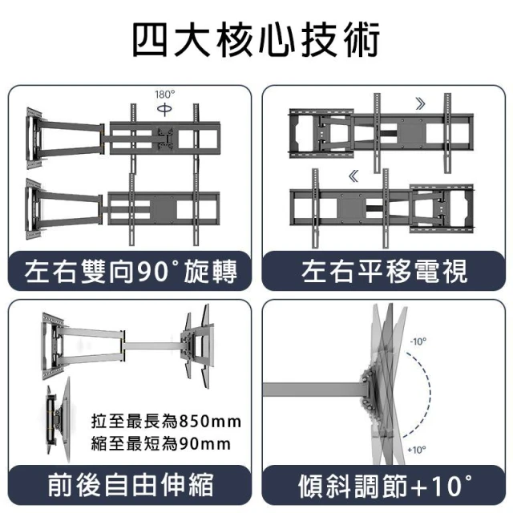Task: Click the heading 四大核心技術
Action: click(256, 40)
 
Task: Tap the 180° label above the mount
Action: click(165, 95)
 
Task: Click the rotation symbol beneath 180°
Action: click(164, 109)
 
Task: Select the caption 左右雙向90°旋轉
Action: click(131, 272)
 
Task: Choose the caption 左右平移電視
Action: click(384, 272)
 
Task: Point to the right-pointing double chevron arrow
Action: click(421, 104)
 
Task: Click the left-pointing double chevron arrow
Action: click(353, 176)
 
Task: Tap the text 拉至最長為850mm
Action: click(166, 422)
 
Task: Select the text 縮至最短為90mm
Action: click(161, 444)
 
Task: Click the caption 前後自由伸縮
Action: click(131, 485)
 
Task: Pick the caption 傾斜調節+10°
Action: click(385, 486)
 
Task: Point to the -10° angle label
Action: click(418, 341)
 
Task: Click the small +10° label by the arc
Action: click(417, 450)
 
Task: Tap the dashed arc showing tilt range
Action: click(429, 394)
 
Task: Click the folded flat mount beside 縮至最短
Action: click(59, 420)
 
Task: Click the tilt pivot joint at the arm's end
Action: click(369, 390)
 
